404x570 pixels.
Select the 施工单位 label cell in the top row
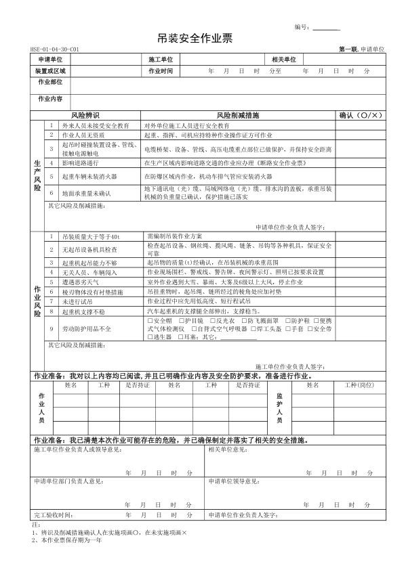161,60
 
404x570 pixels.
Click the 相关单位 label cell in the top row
283,60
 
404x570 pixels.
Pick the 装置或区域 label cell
50,70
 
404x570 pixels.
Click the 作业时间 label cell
161,70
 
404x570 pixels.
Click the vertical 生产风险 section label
37,174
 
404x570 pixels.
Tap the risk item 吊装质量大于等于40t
90,236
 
